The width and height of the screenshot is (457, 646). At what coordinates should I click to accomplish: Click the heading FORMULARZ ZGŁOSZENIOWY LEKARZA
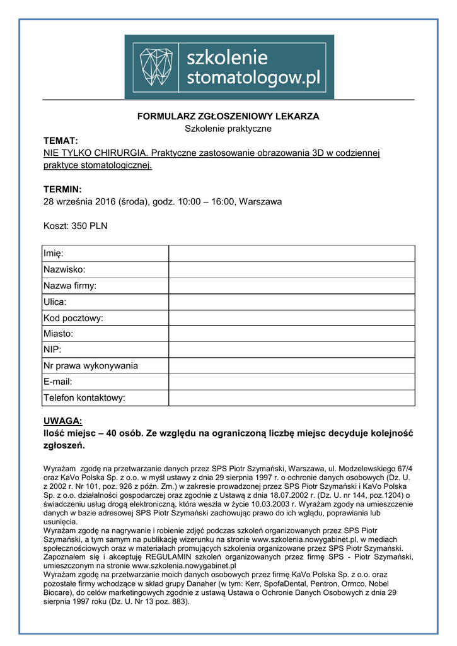point(228,116)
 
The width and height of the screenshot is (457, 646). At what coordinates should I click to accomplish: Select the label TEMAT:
point(61,141)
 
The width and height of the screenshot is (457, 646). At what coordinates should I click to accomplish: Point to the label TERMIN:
point(62,189)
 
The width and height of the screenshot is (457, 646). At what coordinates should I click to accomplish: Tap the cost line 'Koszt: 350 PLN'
point(75,226)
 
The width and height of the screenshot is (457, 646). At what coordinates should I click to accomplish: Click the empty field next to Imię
point(291,254)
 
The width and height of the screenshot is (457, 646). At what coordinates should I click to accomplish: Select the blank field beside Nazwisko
point(291,269)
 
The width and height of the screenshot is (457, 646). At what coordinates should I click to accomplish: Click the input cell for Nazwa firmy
point(291,286)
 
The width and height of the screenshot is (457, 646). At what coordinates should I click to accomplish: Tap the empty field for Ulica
point(291,302)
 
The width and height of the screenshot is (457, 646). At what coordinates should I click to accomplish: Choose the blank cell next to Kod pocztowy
point(291,318)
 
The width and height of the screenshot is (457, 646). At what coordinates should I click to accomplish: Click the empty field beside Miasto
point(291,334)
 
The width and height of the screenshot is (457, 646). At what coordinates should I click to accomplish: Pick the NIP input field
point(291,349)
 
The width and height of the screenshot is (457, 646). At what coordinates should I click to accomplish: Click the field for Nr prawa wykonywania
point(291,366)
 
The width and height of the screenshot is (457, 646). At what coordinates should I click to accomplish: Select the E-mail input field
point(291,382)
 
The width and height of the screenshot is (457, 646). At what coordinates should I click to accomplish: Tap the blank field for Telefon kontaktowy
point(291,398)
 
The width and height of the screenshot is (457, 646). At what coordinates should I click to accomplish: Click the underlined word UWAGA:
point(63,421)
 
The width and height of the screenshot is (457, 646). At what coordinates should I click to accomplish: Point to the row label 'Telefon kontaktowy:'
point(84,398)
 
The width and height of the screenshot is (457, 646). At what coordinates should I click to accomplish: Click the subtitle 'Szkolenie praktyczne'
point(228,129)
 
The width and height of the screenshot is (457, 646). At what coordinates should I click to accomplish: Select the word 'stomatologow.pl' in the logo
point(255,78)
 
